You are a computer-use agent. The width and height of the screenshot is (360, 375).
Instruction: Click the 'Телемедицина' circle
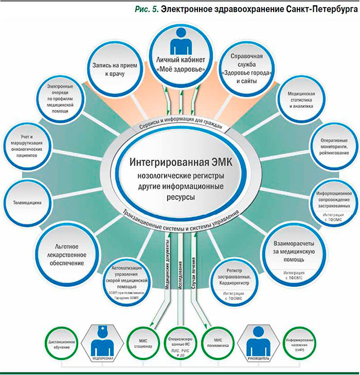[30, 202]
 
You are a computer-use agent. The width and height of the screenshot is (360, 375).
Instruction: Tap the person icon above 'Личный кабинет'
[179, 42]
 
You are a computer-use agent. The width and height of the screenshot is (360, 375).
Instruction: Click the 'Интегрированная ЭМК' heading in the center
[181, 162]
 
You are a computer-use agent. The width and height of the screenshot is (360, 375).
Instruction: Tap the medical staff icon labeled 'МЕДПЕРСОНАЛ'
[101, 342]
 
